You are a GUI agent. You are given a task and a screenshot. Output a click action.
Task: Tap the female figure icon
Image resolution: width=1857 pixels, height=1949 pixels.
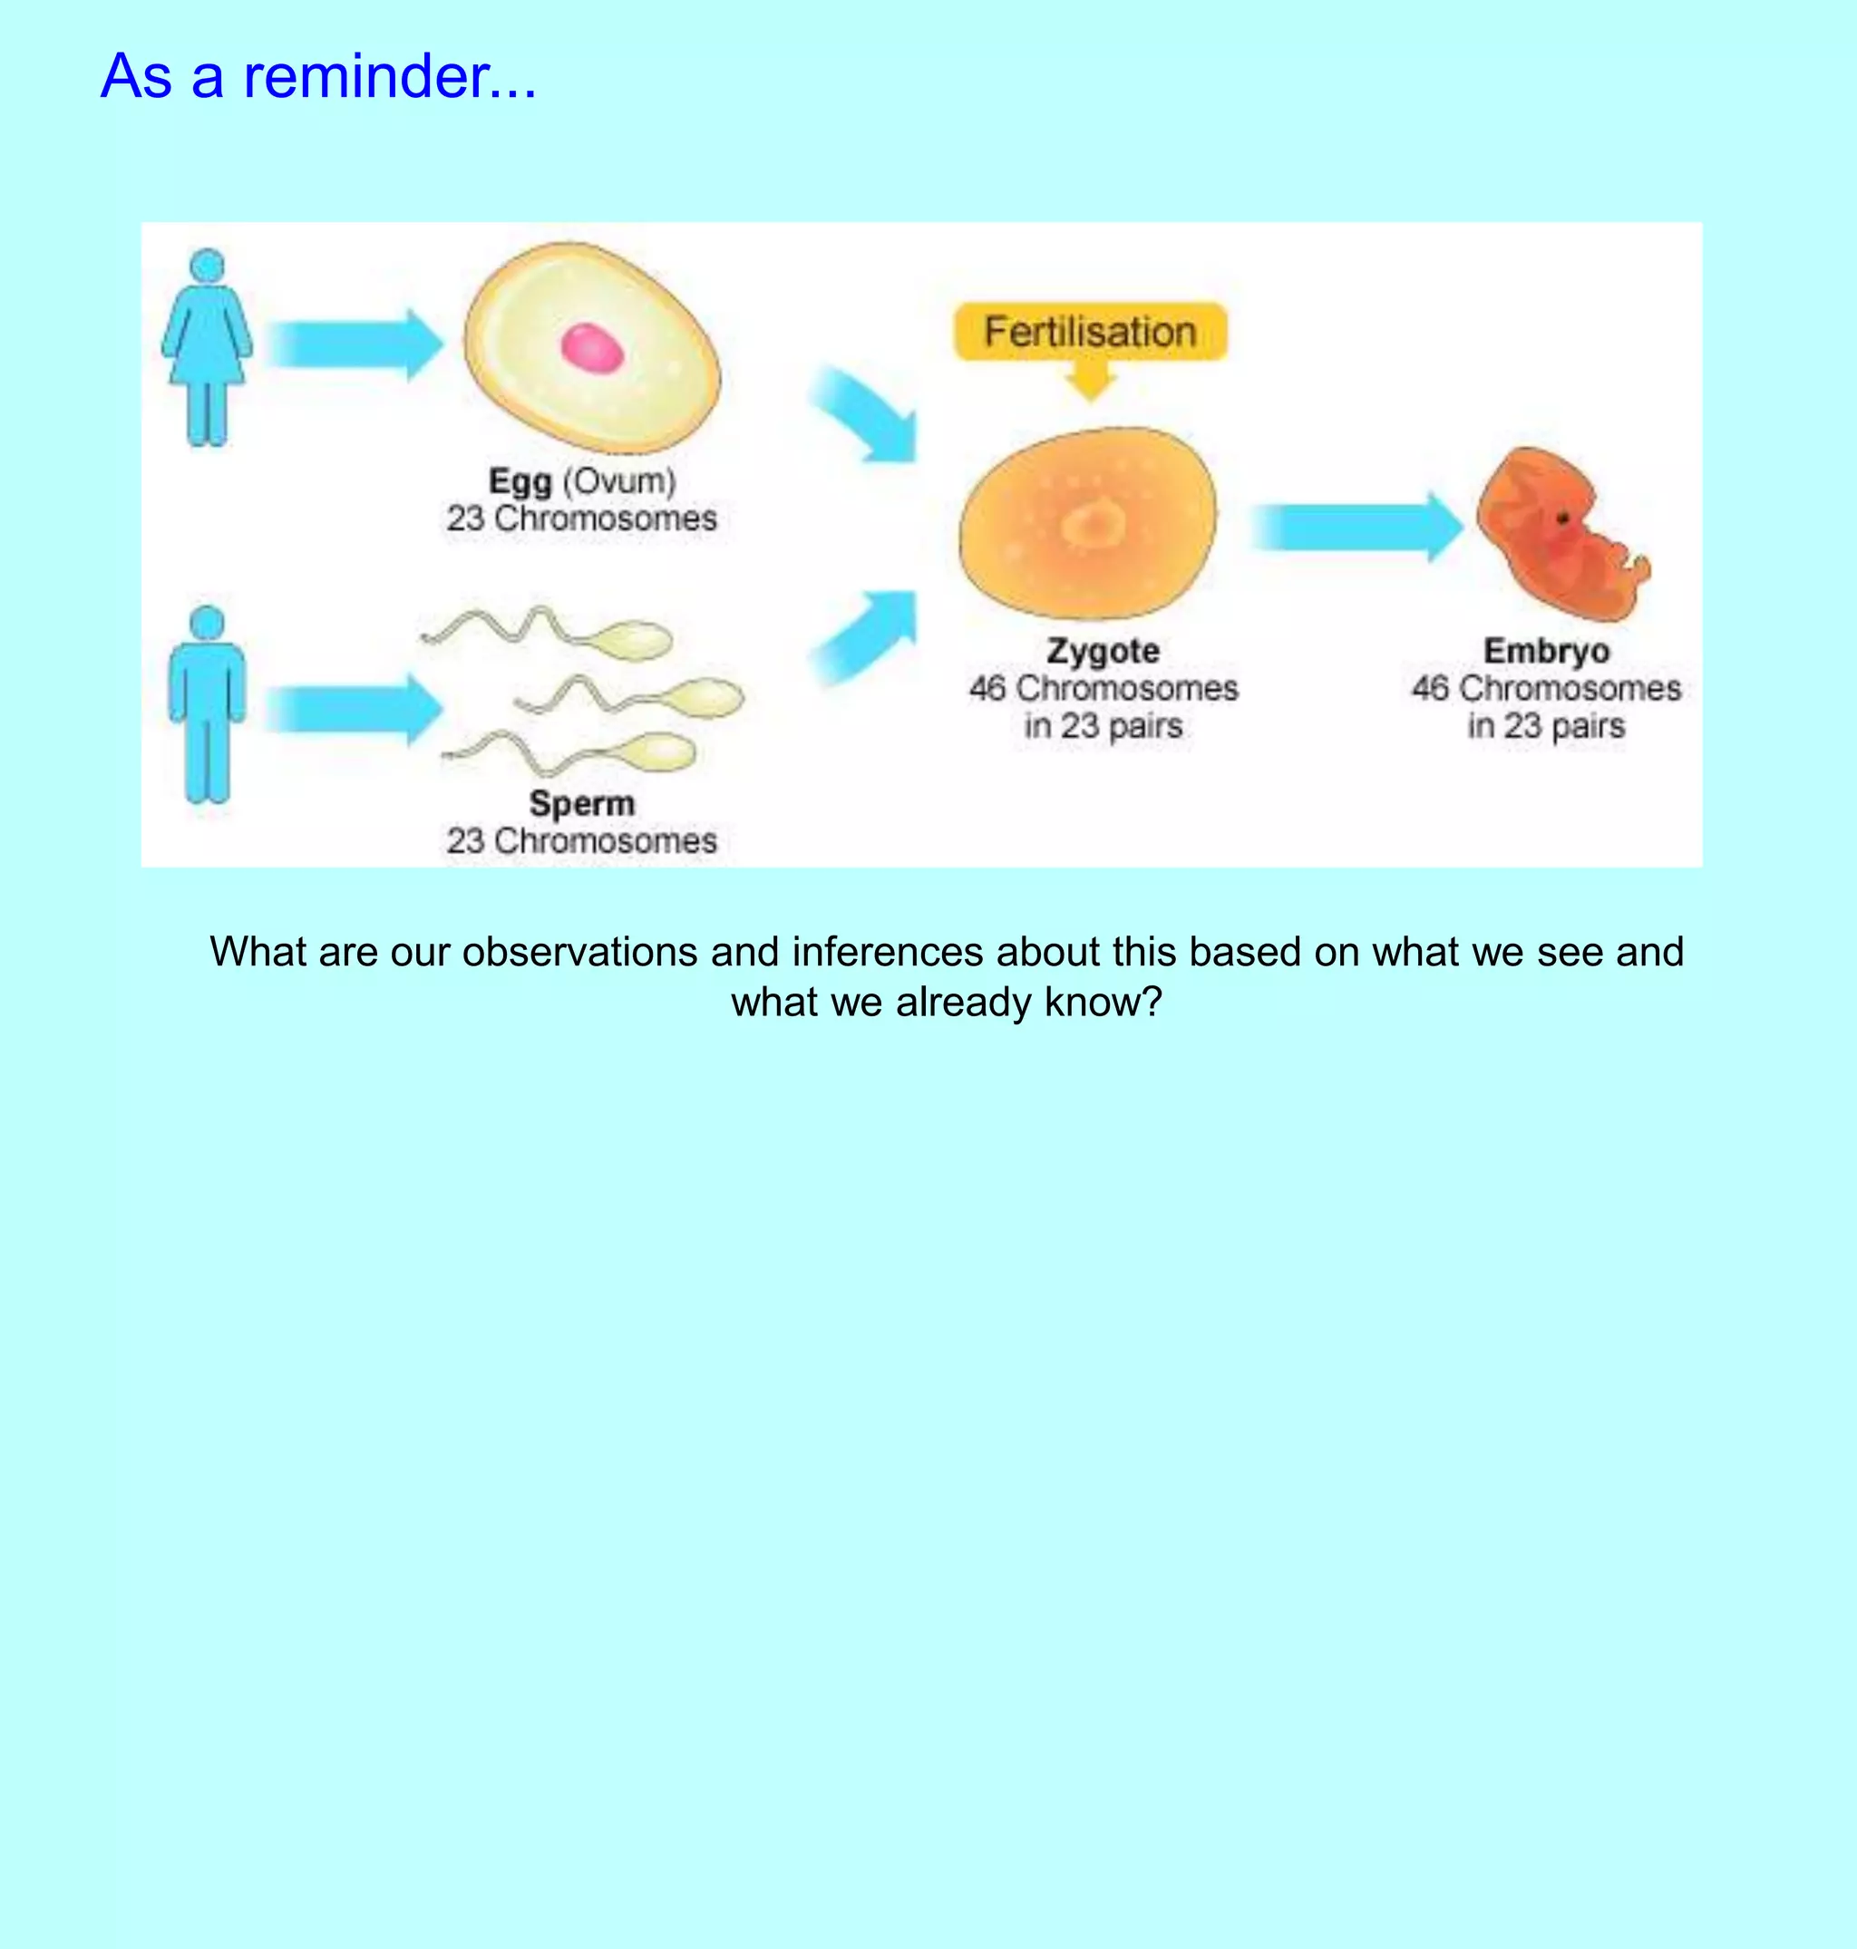pos(207,346)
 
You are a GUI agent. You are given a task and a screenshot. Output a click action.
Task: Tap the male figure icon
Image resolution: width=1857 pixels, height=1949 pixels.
pos(207,704)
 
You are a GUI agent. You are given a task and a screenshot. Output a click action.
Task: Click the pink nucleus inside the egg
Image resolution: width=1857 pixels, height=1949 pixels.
pos(592,348)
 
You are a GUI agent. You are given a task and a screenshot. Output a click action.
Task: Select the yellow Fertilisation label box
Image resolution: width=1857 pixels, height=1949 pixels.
pos(1090,332)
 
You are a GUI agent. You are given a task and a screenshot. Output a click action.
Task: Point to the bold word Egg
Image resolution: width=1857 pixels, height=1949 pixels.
pos(520,482)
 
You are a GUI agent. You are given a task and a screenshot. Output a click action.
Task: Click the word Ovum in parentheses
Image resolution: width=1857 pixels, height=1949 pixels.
pos(618,482)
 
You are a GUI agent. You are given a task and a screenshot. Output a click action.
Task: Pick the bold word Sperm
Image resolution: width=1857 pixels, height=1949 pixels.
pos(581,803)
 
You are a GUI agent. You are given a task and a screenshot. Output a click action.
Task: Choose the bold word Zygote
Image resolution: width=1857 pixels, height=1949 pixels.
pos(1103,650)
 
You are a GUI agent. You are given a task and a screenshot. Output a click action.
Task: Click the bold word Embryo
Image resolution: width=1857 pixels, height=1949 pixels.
pos(1546,650)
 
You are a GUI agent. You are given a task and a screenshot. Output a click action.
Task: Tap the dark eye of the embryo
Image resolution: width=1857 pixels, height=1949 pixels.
pos(1563,518)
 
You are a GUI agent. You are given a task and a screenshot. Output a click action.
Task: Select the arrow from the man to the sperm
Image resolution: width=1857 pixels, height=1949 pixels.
pos(355,710)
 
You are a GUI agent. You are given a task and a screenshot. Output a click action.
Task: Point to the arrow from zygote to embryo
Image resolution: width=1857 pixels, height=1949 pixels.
pos(1356,527)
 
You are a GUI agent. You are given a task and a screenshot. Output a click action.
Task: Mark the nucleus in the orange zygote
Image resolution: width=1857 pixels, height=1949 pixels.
pos(1092,524)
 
